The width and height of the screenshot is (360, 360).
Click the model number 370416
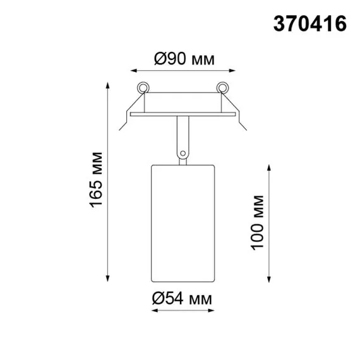coord(309,23)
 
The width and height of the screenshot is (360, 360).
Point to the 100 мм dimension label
coord(257,222)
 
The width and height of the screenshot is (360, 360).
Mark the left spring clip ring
coord(143,87)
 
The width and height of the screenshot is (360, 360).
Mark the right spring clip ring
coord(222,87)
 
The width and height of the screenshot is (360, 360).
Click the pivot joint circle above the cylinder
coord(183,152)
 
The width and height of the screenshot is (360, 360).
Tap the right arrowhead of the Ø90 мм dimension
coord(233,70)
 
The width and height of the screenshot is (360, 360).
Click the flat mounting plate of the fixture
coord(183,114)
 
